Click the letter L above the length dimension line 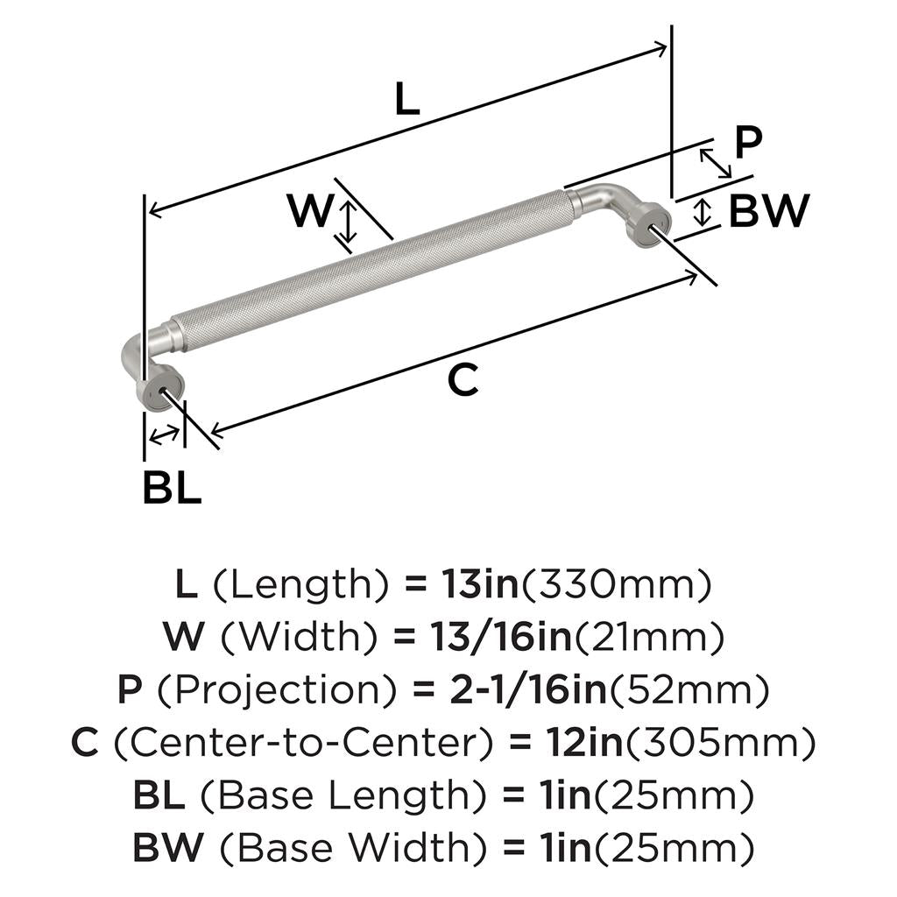407,98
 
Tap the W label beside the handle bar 309,210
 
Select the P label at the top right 748,143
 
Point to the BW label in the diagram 769,210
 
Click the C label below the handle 463,379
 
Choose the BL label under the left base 172,486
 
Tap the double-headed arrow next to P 715,163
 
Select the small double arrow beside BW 702,212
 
